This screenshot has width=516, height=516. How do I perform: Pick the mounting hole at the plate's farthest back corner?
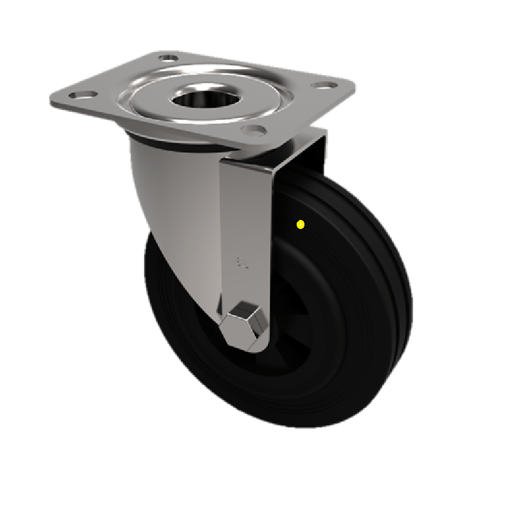point(167,59)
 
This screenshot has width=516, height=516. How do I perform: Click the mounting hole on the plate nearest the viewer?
point(253,130)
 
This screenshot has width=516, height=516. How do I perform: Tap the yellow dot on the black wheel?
point(300,224)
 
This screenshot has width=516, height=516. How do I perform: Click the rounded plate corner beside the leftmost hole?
point(55,101)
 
